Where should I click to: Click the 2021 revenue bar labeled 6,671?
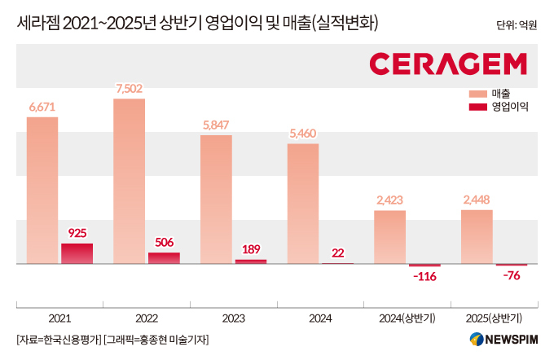pos(42,191)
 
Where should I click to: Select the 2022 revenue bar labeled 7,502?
pos(130,182)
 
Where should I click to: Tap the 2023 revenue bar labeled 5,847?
pos(216,200)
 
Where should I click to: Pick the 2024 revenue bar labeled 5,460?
pos(303,204)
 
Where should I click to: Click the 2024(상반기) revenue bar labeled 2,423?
pos(390,237)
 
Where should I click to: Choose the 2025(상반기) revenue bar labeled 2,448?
pos(477,237)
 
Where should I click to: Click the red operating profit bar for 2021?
pos(77,253)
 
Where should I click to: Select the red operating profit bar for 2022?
pos(164,258)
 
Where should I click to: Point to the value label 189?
pos(251,248)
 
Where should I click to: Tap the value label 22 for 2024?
pos(337,253)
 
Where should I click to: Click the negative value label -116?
pos(425,278)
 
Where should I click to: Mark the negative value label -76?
pos(512,276)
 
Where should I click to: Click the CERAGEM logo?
pos(447,64)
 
